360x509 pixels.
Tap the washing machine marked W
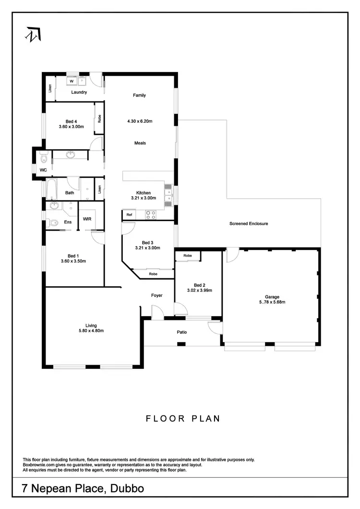71,81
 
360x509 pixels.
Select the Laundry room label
79,92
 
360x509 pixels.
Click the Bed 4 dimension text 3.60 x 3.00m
72,127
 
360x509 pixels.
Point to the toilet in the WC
44,157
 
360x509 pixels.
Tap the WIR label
87,219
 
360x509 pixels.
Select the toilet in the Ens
53,223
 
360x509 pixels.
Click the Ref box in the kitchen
129,215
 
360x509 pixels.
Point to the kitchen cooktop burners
151,215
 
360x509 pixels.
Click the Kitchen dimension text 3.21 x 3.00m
144,198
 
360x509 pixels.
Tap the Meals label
140,143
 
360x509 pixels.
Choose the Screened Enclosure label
249,224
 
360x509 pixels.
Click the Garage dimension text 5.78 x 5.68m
272,302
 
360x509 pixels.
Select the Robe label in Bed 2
188,256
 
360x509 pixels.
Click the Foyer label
156,296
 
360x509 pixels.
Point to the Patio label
182,332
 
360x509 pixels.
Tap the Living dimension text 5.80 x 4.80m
91,331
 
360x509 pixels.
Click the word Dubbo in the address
127,489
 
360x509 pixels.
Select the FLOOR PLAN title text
183,418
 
